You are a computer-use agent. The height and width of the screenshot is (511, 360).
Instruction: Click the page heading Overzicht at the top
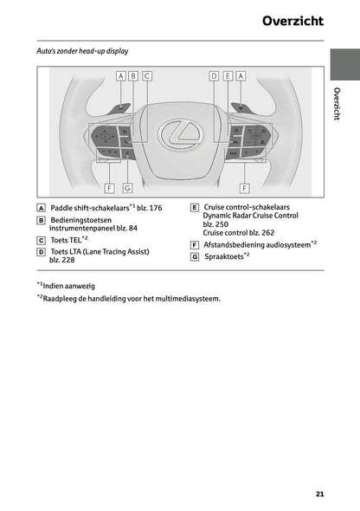click(x=293, y=19)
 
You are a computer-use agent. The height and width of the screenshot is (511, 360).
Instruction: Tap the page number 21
click(x=319, y=494)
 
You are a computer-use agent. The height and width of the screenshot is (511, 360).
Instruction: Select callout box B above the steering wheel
click(x=133, y=76)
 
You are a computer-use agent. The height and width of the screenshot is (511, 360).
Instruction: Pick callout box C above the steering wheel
click(x=147, y=76)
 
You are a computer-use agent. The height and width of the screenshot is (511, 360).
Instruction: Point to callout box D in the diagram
click(x=214, y=76)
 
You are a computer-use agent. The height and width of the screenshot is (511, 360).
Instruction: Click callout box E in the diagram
click(x=228, y=76)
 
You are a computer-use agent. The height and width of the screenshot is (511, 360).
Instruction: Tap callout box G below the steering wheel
click(x=127, y=186)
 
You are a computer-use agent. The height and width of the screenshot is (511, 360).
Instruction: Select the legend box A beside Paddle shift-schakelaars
click(x=41, y=209)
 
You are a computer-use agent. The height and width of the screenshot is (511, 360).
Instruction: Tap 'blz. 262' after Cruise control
click(x=261, y=233)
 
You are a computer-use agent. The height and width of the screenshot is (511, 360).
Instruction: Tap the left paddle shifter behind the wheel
click(x=120, y=107)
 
